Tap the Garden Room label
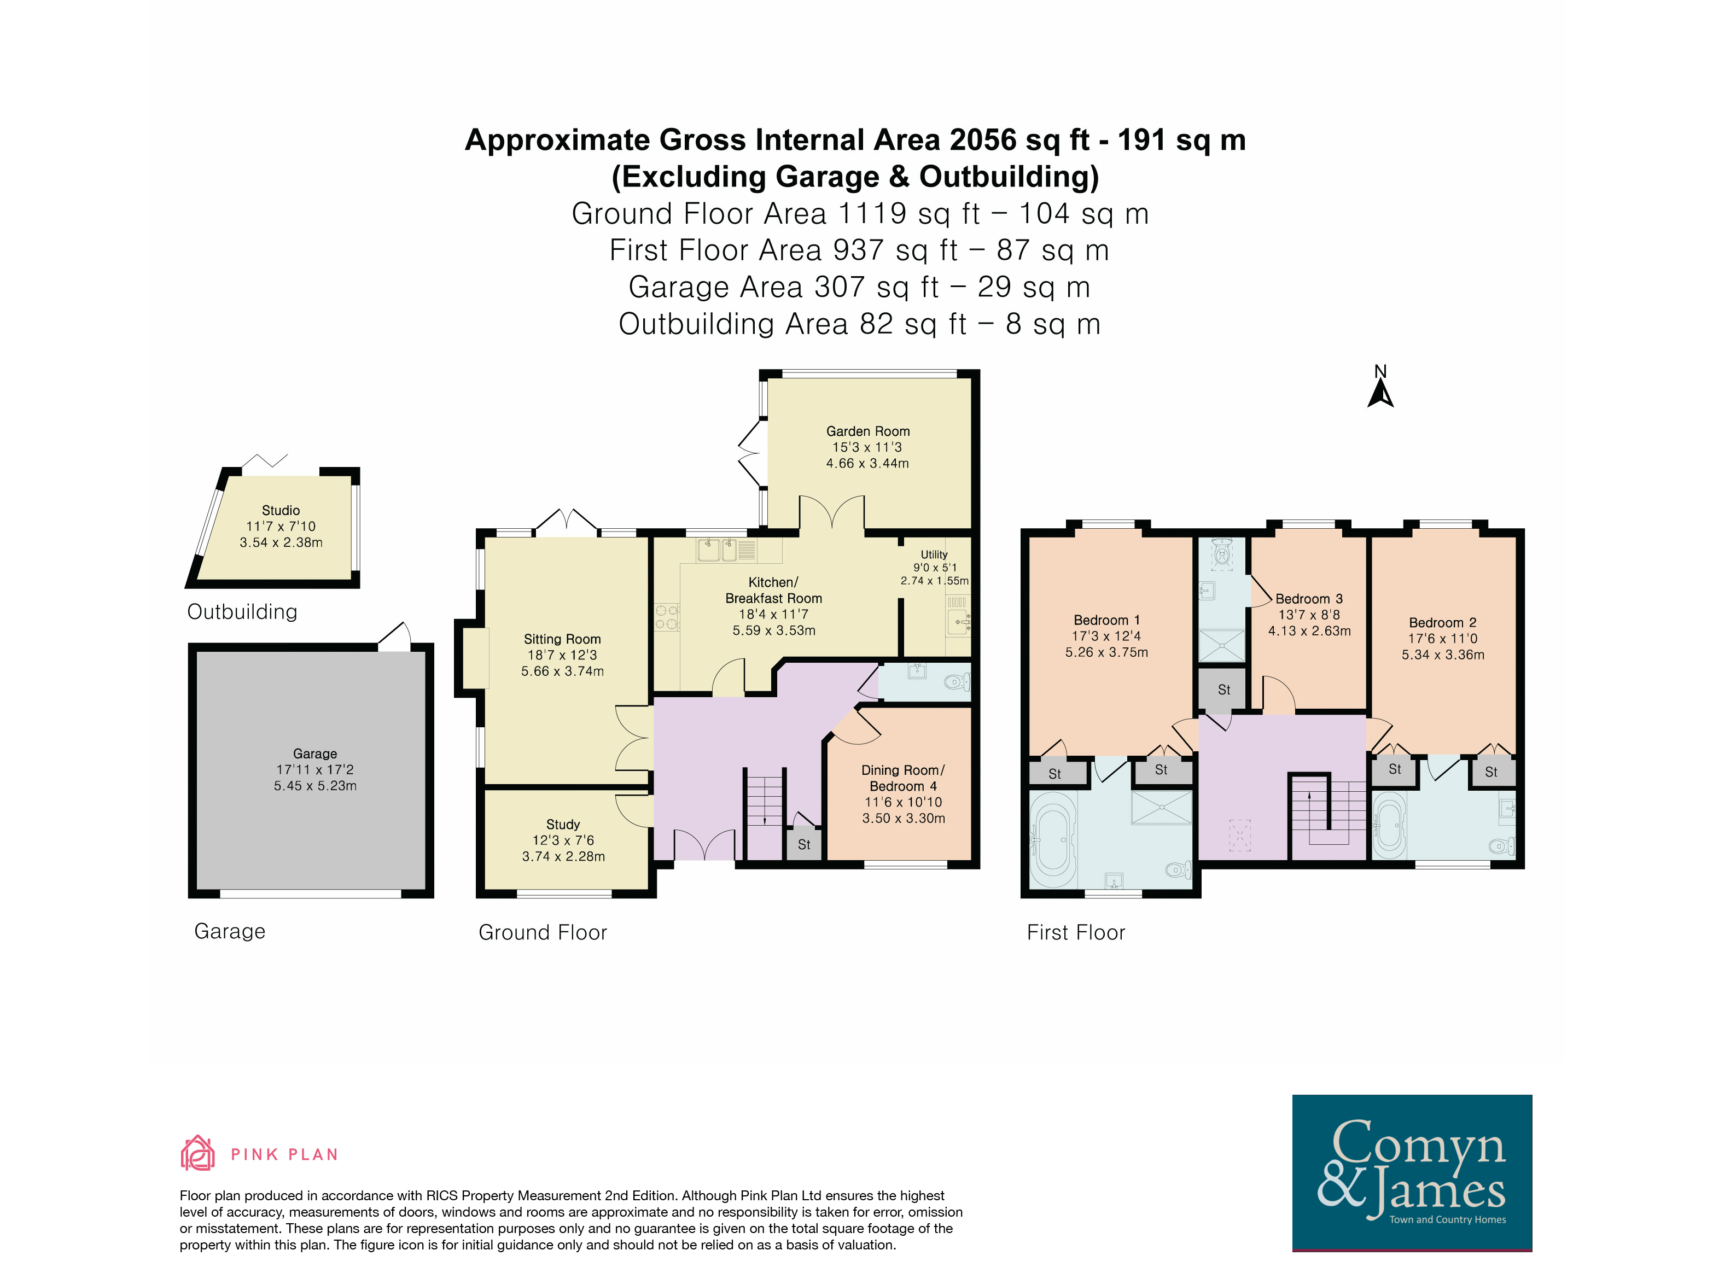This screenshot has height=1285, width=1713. (x=867, y=431)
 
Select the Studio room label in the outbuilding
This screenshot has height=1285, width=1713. (x=281, y=510)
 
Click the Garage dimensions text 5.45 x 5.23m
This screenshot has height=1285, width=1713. (x=315, y=786)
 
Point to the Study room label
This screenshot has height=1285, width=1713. (x=563, y=825)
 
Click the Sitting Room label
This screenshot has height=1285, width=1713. (x=562, y=639)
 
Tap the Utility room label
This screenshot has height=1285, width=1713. (x=934, y=554)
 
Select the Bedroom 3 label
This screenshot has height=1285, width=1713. (x=1309, y=598)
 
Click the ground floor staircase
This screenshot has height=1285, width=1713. (x=765, y=813)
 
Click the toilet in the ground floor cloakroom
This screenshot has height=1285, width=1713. (x=958, y=682)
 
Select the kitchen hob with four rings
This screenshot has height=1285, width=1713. (x=667, y=617)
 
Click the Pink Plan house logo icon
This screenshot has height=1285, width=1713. (x=197, y=1153)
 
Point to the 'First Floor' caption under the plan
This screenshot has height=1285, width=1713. (x=1076, y=932)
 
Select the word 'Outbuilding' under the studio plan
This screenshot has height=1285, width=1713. (x=242, y=611)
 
